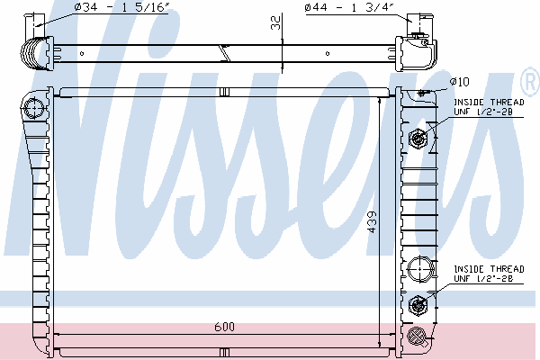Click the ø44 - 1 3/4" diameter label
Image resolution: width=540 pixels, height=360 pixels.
[349, 7]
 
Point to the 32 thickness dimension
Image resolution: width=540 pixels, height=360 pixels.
[275, 22]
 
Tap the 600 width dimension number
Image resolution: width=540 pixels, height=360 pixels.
[224, 327]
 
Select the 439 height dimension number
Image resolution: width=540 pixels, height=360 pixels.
[373, 222]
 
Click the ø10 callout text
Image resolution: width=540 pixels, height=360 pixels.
[460, 82]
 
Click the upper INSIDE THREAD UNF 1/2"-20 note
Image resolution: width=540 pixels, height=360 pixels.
[489, 107]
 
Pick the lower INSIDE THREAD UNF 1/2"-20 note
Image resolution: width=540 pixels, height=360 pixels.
[489, 274]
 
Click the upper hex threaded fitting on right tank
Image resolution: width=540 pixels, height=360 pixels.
[418, 139]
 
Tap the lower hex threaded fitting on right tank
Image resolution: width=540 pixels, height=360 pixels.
[418, 305]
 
